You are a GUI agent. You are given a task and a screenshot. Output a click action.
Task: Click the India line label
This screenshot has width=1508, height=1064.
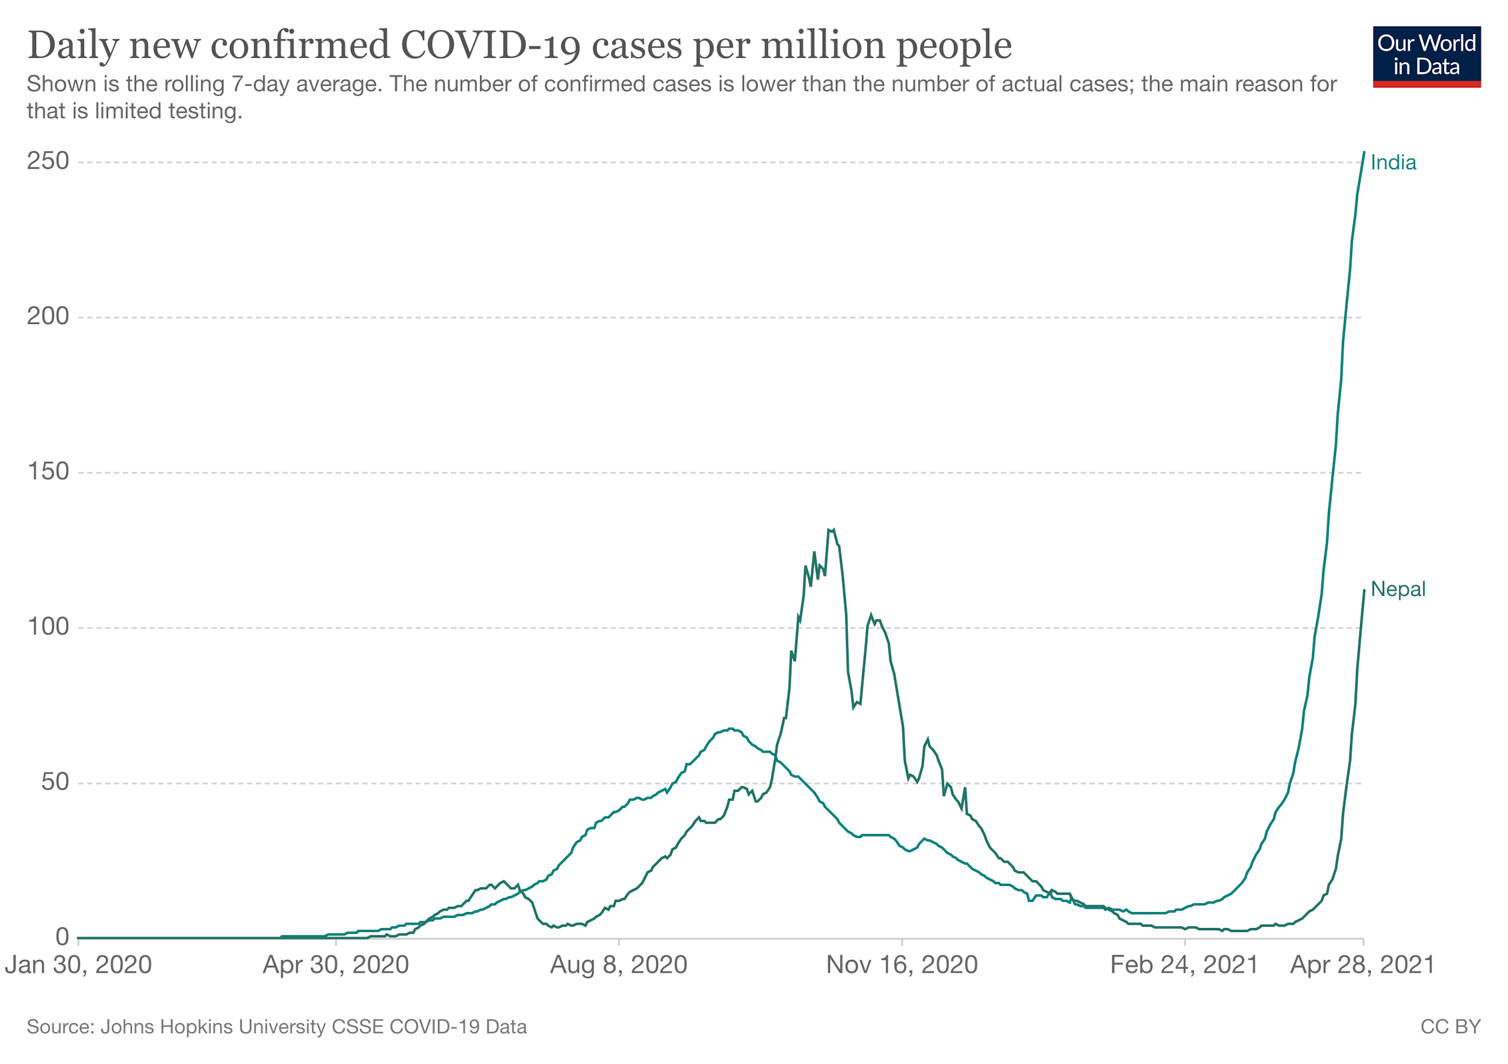(1393, 163)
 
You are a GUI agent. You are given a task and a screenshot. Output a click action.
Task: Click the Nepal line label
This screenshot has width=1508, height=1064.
(1397, 589)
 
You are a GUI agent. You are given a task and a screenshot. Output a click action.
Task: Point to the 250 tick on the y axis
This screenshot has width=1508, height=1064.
(48, 161)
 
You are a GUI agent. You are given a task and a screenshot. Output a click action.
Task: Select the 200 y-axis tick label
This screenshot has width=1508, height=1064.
(48, 317)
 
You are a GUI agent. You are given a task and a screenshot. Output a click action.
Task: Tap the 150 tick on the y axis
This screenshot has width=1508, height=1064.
(48, 472)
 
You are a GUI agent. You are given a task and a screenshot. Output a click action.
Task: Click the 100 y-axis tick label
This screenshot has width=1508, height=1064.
(48, 627)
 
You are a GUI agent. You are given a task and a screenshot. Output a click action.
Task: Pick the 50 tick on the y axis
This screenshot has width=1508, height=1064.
(55, 783)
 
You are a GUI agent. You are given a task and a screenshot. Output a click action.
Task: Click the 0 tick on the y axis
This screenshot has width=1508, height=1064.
(62, 937)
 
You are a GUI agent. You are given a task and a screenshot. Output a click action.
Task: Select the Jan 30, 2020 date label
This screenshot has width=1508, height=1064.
(79, 965)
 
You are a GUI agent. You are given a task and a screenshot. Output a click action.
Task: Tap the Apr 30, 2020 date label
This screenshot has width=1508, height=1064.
(335, 965)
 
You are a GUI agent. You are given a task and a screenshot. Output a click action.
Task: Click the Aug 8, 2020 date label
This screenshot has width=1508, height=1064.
(618, 965)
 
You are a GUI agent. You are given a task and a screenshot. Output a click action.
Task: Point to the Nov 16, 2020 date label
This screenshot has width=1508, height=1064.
(901, 965)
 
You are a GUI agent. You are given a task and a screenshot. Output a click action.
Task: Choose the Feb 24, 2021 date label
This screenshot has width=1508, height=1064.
(1184, 965)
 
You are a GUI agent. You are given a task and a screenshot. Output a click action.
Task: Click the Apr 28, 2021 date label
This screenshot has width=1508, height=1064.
(1362, 965)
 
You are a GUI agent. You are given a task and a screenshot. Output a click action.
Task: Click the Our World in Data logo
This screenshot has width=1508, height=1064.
(1426, 57)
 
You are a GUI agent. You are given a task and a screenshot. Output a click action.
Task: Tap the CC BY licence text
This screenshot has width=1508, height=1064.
(1450, 1027)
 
